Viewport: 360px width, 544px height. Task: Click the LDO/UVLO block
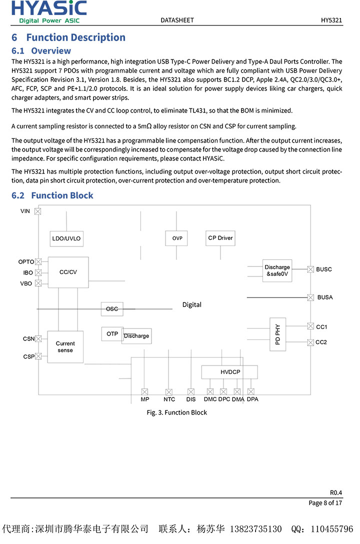click(66, 239)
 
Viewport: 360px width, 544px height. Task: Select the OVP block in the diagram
click(177, 238)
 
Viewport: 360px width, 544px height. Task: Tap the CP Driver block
click(220, 238)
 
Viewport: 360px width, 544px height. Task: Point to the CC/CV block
click(68, 272)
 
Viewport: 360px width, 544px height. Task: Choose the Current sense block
click(65, 347)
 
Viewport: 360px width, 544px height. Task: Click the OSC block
click(112, 309)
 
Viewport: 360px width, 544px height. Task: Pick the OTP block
click(112, 334)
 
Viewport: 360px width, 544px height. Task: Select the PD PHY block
click(277, 334)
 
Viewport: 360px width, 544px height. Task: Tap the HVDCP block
click(230, 372)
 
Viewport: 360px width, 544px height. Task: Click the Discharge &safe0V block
click(277, 270)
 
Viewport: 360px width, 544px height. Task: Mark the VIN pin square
click(37, 211)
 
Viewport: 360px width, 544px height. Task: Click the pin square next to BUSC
click(310, 269)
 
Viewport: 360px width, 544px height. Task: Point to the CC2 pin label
click(321, 342)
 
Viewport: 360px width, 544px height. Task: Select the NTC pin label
click(169, 399)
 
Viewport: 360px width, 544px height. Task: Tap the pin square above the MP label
click(144, 392)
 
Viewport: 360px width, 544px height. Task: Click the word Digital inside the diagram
click(191, 305)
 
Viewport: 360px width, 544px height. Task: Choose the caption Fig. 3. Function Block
click(176, 412)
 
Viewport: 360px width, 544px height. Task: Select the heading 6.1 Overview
click(41, 51)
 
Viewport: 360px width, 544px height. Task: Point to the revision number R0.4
click(335, 492)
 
